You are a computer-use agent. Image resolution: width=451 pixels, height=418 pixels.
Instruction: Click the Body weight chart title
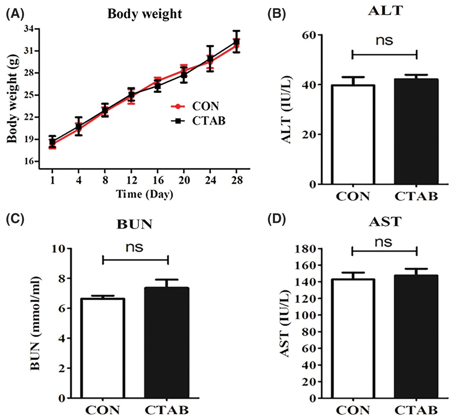pyautogui.click(x=145, y=14)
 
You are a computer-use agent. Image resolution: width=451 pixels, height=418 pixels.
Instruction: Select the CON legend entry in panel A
pyautogui.click(x=205, y=106)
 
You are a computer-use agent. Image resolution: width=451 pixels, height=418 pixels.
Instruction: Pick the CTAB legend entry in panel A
pyautogui.click(x=208, y=121)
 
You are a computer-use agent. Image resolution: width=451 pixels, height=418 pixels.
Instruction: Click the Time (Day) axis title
pyautogui.click(x=145, y=194)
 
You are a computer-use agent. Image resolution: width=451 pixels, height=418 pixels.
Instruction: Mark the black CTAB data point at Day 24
pyautogui.click(x=210, y=59)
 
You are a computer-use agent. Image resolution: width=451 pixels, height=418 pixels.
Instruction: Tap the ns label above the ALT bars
pyautogui.click(x=384, y=41)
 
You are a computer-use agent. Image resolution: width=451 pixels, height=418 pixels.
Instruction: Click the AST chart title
pyautogui.click(x=385, y=222)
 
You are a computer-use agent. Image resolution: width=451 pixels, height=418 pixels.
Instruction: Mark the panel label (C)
pyautogui.click(x=15, y=219)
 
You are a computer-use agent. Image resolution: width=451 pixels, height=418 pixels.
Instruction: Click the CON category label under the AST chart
pyautogui.click(x=353, y=410)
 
